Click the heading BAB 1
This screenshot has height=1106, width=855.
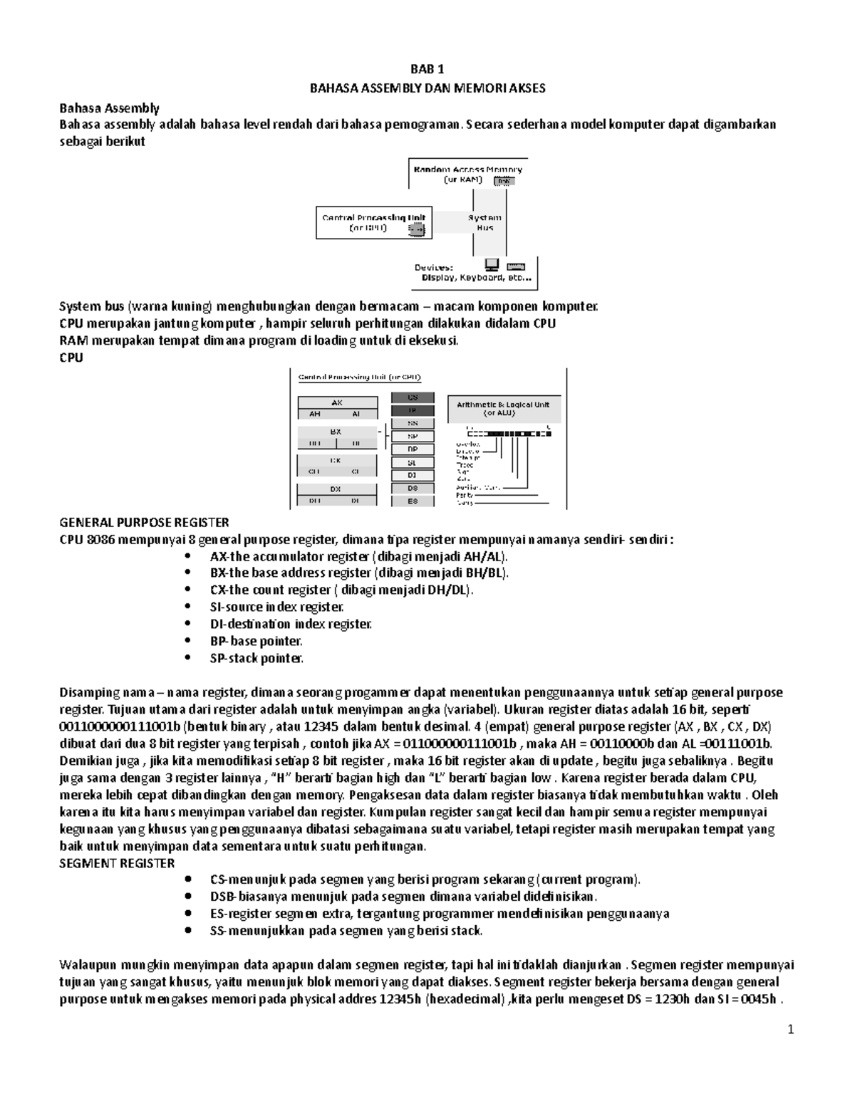click(427, 70)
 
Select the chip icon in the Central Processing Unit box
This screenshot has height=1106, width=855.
click(415, 229)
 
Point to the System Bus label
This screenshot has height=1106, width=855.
click(484, 222)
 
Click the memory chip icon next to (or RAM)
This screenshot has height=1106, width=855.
click(504, 181)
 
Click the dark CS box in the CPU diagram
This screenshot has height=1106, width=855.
click(413, 397)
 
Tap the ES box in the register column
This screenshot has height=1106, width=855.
click(413, 501)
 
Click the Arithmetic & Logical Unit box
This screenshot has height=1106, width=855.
click(503, 409)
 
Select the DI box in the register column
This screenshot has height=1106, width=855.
click(413, 475)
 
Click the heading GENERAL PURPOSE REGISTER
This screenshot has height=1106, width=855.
click(145, 522)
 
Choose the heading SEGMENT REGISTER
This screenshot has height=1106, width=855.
click(117, 863)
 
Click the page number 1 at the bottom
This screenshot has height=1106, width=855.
click(790, 1029)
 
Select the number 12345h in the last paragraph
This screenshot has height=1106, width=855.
click(399, 999)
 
